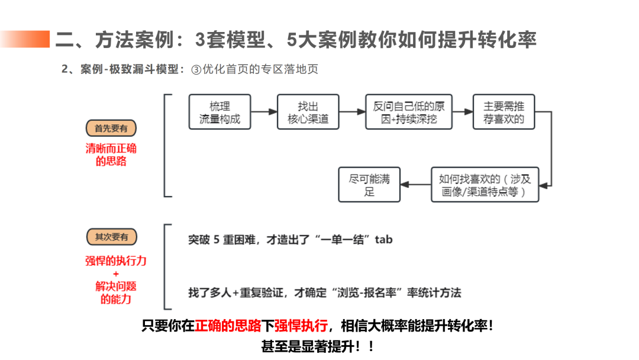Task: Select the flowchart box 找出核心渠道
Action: (308, 112)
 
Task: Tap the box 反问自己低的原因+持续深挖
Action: (409, 112)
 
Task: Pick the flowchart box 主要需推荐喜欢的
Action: (503, 112)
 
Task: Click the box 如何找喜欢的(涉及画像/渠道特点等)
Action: (485, 185)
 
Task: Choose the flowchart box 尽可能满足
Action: (369, 185)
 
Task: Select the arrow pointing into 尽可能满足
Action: (415, 184)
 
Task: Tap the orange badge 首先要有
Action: (111, 128)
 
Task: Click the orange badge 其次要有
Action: (111, 237)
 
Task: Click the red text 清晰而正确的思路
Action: (111, 155)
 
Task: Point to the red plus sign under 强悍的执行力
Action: (115, 274)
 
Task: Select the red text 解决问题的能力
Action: (115, 292)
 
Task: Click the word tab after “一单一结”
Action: (383, 240)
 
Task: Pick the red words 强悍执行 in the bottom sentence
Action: (301, 326)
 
